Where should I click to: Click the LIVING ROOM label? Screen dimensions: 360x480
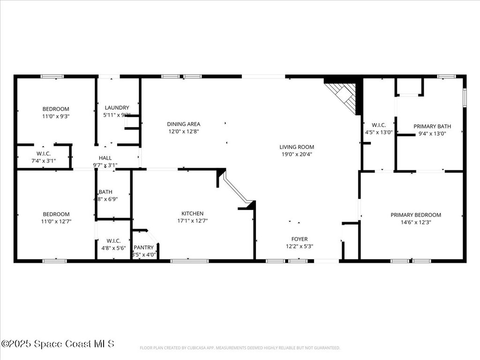pos(297,147)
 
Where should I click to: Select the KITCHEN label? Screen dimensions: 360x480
pos(193,214)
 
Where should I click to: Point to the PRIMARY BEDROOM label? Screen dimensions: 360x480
pos(416,215)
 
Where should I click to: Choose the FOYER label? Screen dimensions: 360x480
pos(300,239)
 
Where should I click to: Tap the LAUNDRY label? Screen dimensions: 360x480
pos(117,108)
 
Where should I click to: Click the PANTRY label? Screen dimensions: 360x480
pos(144,247)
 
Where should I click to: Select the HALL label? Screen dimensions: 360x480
pos(105,158)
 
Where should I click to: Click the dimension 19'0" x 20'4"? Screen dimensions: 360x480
pos(297,154)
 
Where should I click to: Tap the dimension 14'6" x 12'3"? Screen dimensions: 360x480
pos(416,222)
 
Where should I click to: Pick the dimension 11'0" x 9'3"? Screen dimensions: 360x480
pos(56,116)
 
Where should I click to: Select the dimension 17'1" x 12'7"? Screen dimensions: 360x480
pos(193,221)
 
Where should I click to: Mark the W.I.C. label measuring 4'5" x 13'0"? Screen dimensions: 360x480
pos(379,125)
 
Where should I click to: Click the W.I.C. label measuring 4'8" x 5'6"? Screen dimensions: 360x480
pos(113,241)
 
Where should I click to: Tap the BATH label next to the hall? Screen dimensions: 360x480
pos(105,192)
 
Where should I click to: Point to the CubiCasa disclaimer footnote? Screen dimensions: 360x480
pos(240,348)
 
